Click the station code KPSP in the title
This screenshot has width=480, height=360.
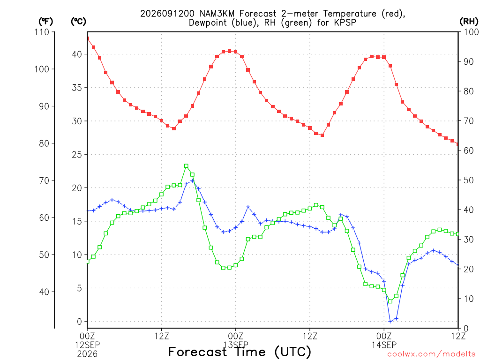click(345, 22)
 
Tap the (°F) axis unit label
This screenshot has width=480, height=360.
click(45, 22)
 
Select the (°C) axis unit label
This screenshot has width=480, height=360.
click(78, 22)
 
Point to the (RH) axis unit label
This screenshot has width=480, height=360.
click(469, 22)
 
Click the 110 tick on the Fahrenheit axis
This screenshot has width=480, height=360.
click(42, 32)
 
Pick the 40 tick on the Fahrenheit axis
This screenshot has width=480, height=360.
click(44, 292)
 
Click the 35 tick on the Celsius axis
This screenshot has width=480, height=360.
click(77, 88)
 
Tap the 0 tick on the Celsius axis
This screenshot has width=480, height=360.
click(80, 322)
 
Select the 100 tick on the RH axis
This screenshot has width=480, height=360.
click(472, 32)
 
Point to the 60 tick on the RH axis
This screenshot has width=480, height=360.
click(469, 150)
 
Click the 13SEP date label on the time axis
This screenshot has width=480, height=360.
click(236, 345)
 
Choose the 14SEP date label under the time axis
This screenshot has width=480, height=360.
click(384, 345)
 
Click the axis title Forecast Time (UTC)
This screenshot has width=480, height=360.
click(240, 352)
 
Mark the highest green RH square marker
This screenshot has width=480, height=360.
click(186, 166)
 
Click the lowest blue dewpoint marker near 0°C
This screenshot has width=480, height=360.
click(390, 322)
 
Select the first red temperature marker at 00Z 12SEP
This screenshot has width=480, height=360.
click(88, 38)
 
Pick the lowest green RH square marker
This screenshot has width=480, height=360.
click(390, 301)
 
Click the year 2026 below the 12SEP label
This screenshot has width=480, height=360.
click(88, 354)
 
